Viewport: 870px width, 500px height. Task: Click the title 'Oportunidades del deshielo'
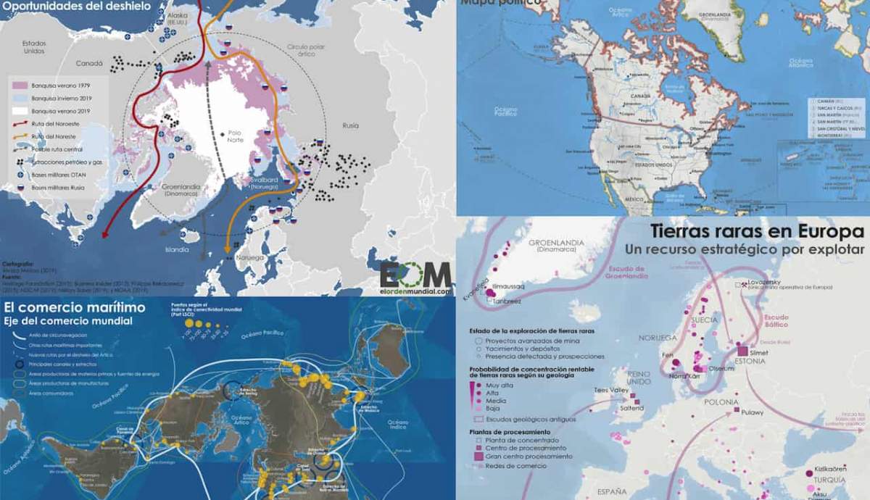pyautogui.click(x=75, y=7)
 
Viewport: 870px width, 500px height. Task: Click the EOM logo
pyautogui.click(x=416, y=276)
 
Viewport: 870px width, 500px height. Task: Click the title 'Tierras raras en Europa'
pyautogui.click(x=757, y=231)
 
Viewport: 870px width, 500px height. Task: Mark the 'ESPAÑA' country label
pyautogui.click(x=608, y=491)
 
